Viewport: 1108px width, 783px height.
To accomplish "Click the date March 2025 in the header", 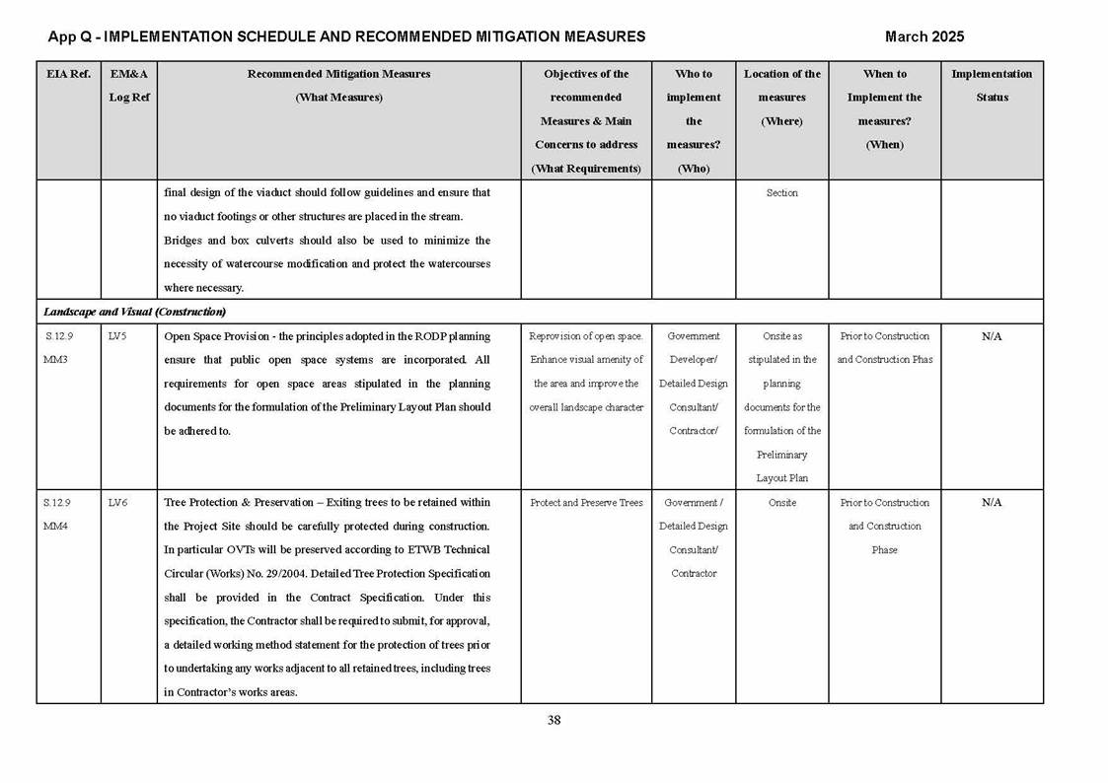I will [923, 36].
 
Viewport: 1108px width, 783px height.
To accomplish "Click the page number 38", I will [554, 720].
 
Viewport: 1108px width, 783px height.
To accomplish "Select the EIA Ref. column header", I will [68, 74].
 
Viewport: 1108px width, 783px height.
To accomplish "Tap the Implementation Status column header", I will [992, 86].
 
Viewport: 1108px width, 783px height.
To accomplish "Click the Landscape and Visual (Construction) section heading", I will [134, 312].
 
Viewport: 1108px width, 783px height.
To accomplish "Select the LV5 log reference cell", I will [117, 336].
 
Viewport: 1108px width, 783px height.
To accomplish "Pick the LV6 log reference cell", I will [117, 503].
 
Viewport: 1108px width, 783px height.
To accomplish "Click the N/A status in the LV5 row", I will [992, 336].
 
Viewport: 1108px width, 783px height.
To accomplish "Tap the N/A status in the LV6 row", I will [992, 503].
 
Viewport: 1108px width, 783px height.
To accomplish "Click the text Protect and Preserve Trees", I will [586, 503].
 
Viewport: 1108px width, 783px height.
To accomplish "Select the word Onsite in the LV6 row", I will [781, 503].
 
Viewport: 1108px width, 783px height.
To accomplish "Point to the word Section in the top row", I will [781, 193].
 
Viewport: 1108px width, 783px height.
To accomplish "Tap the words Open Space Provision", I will [212, 336].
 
